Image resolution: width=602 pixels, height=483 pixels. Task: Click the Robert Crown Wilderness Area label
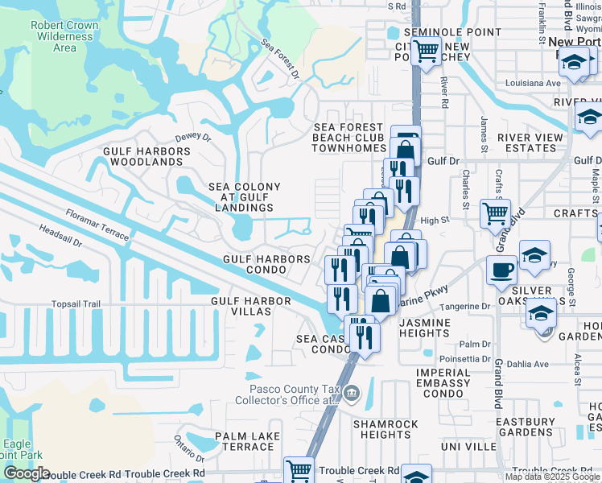point(64,36)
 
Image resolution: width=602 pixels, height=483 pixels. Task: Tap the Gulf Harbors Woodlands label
point(143,156)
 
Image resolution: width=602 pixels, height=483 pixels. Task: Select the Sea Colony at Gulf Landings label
point(245,197)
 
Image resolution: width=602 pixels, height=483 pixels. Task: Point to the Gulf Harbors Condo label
point(267,265)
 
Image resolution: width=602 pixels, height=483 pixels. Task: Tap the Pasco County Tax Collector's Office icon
point(352,392)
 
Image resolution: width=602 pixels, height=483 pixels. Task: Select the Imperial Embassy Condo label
point(443,383)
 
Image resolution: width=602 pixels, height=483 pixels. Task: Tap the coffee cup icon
point(502,270)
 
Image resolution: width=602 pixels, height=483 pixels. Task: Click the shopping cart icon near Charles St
point(495,213)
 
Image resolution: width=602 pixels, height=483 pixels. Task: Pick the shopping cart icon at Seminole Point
point(426,52)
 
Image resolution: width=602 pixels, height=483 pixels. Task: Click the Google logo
point(27,473)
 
